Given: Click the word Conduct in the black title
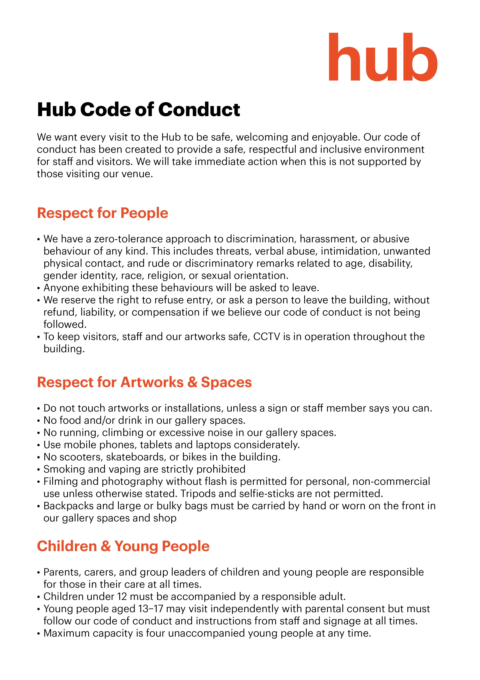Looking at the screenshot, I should pos(199,110).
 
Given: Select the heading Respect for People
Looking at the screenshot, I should pos(102,213).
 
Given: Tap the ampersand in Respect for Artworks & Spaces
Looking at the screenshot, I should pos(192,382).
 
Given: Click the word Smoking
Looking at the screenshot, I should pos(60,469).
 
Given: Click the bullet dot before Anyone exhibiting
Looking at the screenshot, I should pos(39,288).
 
